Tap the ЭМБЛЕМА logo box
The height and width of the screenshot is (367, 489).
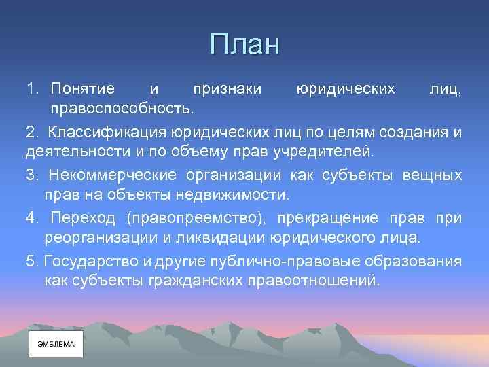[x=56, y=345]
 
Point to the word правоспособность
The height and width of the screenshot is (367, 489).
[x=121, y=107]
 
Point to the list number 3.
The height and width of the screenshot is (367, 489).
[x=31, y=175]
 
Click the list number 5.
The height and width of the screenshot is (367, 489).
[x=31, y=262]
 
